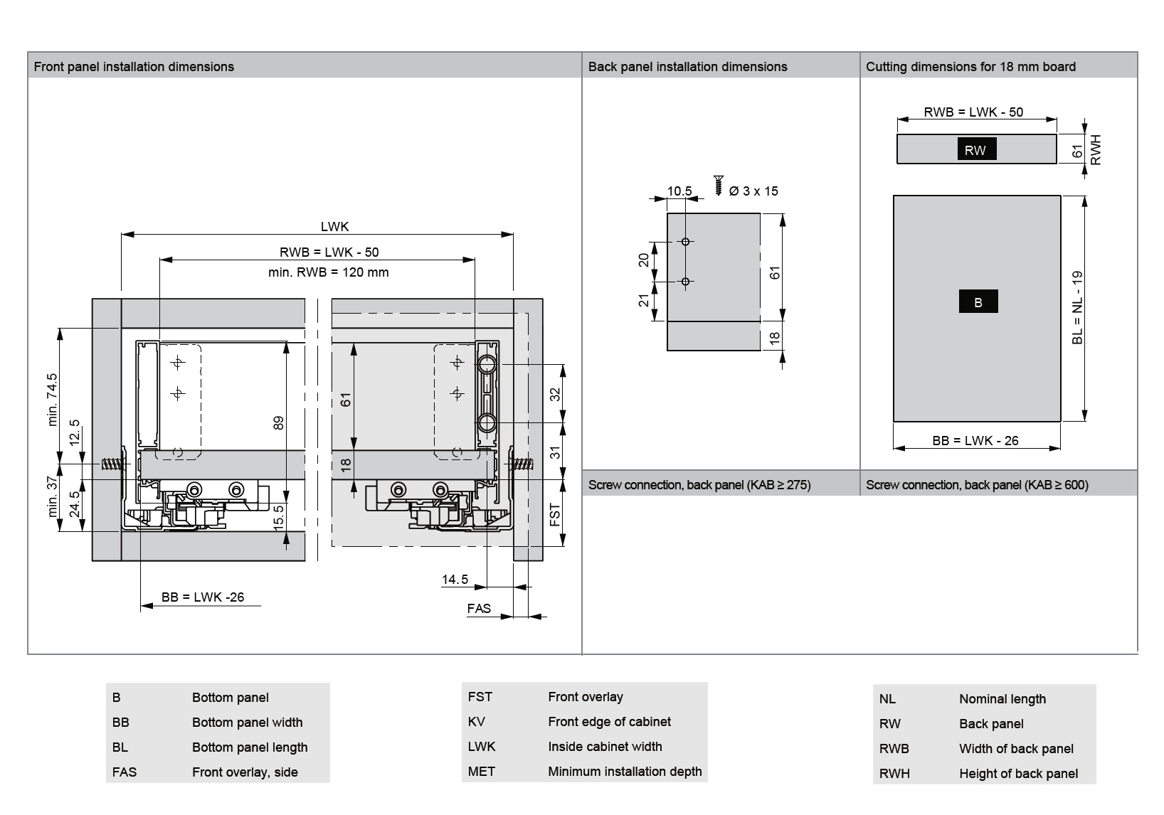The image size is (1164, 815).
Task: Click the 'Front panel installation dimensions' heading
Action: pyautogui.click(x=134, y=67)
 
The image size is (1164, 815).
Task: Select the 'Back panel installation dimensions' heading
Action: pyautogui.click(x=687, y=67)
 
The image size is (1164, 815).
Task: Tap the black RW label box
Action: pyautogui.click(x=975, y=149)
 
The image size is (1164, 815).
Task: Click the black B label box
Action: pyautogui.click(x=978, y=302)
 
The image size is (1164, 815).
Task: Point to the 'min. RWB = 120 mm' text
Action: pyautogui.click(x=329, y=272)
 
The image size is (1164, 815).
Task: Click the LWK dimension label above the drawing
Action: pyautogui.click(x=334, y=227)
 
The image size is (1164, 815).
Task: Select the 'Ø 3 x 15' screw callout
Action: pyautogui.click(x=753, y=191)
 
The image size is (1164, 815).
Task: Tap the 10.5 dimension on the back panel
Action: pyautogui.click(x=679, y=191)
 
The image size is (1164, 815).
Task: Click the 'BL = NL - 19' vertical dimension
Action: pyautogui.click(x=1077, y=307)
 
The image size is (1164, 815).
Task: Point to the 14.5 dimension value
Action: pyautogui.click(x=455, y=580)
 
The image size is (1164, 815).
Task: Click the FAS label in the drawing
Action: pyautogui.click(x=479, y=609)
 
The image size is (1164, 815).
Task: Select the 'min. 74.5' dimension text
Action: pyautogui.click(x=52, y=400)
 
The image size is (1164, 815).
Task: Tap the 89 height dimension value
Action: pyautogui.click(x=279, y=422)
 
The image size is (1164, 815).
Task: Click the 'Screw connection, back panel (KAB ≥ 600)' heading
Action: pyautogui.click(x=977, y=485)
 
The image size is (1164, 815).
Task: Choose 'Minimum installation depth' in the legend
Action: pyautogui.click(x=625, y=772)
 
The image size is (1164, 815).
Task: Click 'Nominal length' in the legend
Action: pyautogui.click(x=1002, y=699)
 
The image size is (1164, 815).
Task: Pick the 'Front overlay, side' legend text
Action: pyautogui.click(x=245, y=772)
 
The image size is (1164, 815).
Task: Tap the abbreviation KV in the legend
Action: pyautogui.click(x=476, y=722)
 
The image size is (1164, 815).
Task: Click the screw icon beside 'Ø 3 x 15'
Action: pyautogui.click(x=719, y=185)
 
